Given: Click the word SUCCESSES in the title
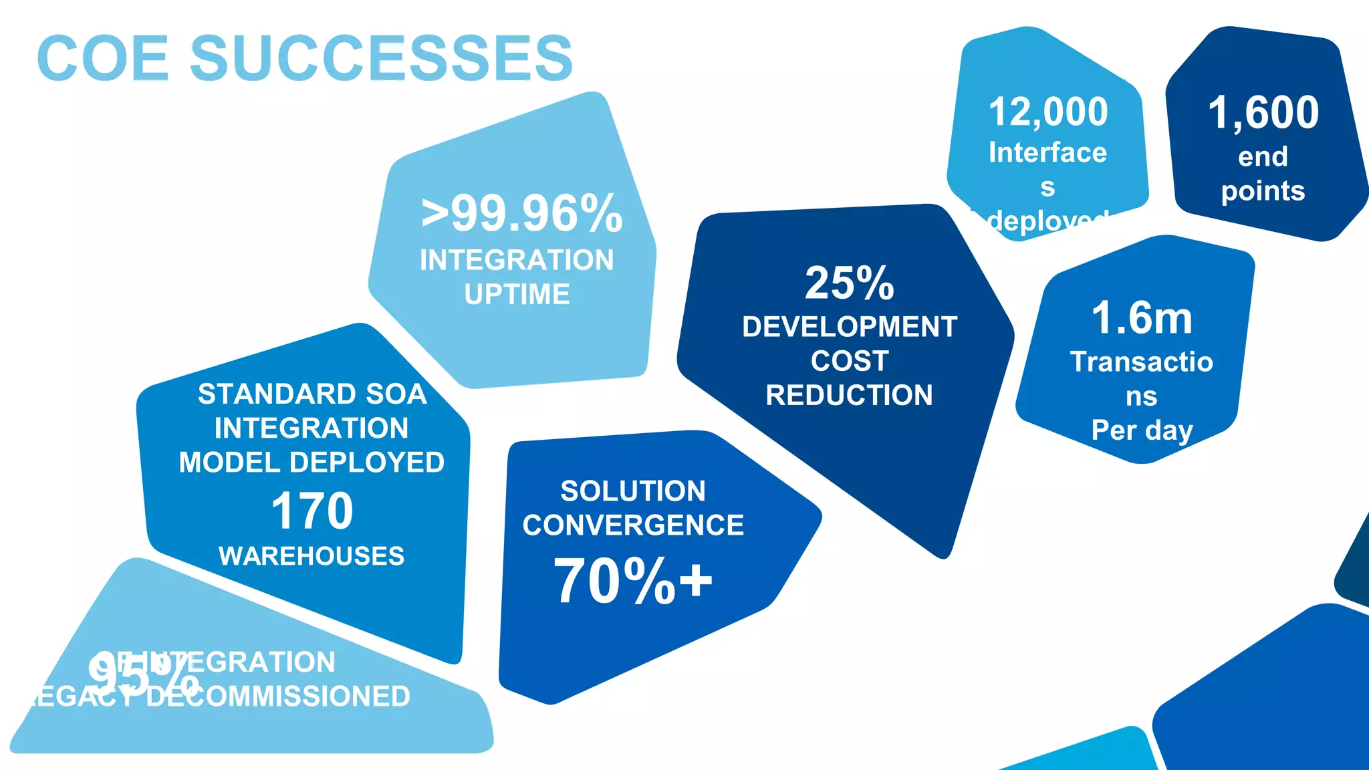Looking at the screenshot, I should click(382, 58).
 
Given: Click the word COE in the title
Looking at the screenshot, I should click(103, 58).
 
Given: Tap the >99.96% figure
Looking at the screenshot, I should click(522, 215).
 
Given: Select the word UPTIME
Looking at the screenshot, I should click(517, 295).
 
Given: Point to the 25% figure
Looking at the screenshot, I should click(849, 283).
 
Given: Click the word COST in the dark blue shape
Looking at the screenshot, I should click(849, 362).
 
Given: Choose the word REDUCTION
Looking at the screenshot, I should click(849, 396).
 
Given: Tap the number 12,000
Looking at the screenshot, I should click(1047, 112).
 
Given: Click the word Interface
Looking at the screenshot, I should click(1047, 153).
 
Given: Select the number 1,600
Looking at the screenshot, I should click(1263, 112).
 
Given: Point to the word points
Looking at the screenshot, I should click(1263, 191).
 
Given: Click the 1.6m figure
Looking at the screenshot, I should click(1142, 318).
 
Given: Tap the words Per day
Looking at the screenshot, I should click(1142, 430).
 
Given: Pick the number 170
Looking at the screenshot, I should click(312, 511).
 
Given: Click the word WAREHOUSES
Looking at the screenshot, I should click(312, 556).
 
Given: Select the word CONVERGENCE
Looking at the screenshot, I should click(633, 525).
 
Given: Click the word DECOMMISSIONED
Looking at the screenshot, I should click(277, 697).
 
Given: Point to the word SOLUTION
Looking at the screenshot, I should click(633, 491).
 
